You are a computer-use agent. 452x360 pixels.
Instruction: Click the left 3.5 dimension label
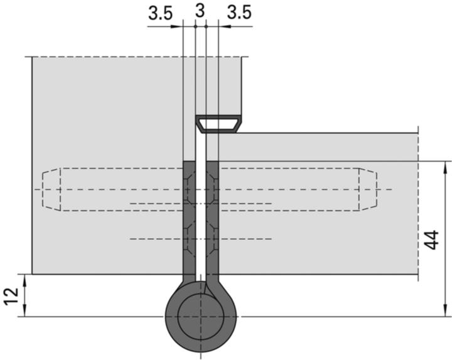tap(160, 13)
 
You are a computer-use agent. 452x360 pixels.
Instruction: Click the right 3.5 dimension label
tap(239, 13)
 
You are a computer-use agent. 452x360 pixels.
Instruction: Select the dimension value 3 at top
tap(200, 11)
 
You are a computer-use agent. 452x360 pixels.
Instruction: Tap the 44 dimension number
tap(433, 239)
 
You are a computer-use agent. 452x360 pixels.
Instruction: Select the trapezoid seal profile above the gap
tap(218, 124)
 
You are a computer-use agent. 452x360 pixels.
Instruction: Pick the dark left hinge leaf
tap(188, 220)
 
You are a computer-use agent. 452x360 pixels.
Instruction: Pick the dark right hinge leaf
tap(212, 220)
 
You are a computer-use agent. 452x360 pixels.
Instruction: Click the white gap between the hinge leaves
tap(200, 220)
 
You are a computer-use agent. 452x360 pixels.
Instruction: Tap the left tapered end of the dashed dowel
tap(50, 189)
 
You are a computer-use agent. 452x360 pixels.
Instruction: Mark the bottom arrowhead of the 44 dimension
tap(446, 312)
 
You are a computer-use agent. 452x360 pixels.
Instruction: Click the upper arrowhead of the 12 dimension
tap(25, 279)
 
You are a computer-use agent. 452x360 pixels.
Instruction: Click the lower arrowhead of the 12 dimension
tap(25, 312)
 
